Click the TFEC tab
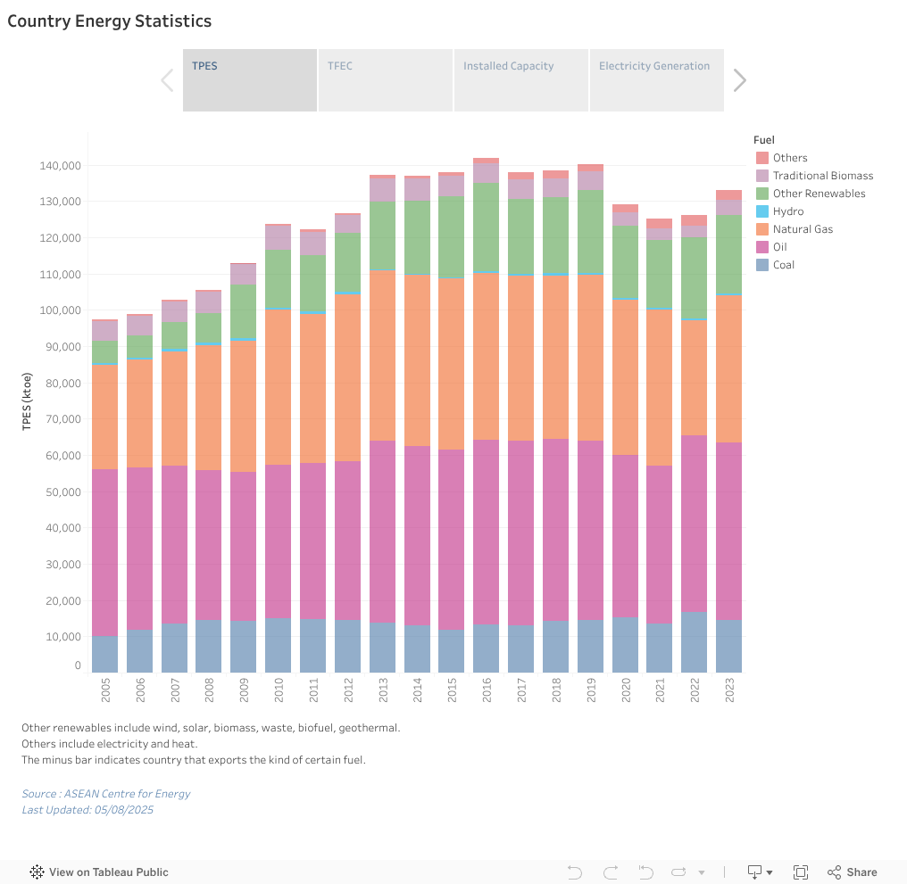pos(385,80)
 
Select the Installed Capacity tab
pos(520,80)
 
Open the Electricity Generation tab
pos(656,80)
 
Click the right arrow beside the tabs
pos(739,80)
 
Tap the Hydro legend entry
pos(787,211)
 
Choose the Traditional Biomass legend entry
pos(822,176)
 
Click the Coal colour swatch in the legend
pos(761,265)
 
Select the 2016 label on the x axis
pos(487,691)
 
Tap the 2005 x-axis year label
pos(104,691)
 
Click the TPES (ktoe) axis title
pos(27,401)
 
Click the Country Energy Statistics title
pos(110,21)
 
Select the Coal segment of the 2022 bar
pos(694,642)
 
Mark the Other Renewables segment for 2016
pos(487,227)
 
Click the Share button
pos(853,872)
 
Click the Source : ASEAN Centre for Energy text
pos(106,794)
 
